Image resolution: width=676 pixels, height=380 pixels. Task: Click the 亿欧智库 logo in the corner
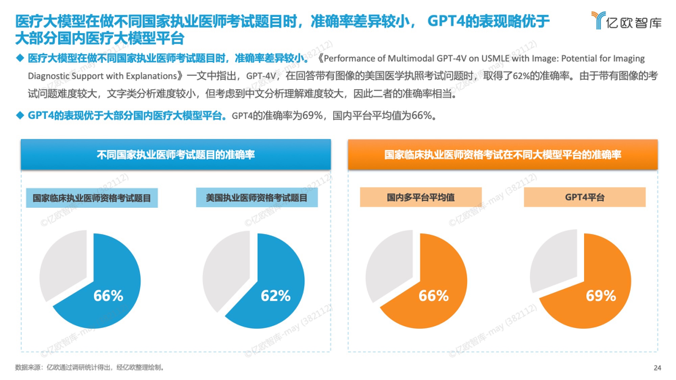(626, 21)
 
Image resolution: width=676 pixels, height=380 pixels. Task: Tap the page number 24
(657, 368)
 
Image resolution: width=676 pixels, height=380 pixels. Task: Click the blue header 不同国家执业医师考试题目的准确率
(176, 155)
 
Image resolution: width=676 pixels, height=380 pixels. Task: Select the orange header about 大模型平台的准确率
(503, 155)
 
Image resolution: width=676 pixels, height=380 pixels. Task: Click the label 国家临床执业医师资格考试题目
(92, 198)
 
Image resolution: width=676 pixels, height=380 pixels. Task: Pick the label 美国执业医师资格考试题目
(257, 198)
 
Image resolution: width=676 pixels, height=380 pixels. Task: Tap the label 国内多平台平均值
(420, 197)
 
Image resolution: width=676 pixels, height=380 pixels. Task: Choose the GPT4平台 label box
(584, 197)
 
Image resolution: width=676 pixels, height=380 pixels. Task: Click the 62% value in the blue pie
(275, 296)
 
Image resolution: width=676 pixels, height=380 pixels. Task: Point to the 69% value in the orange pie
(601, 296)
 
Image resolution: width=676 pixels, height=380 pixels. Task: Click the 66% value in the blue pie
(108, 296)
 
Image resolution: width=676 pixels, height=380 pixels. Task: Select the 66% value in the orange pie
(433, 296)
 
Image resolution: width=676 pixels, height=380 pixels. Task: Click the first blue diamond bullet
(20, 58)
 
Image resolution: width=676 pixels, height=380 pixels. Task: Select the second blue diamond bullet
(20, 116)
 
